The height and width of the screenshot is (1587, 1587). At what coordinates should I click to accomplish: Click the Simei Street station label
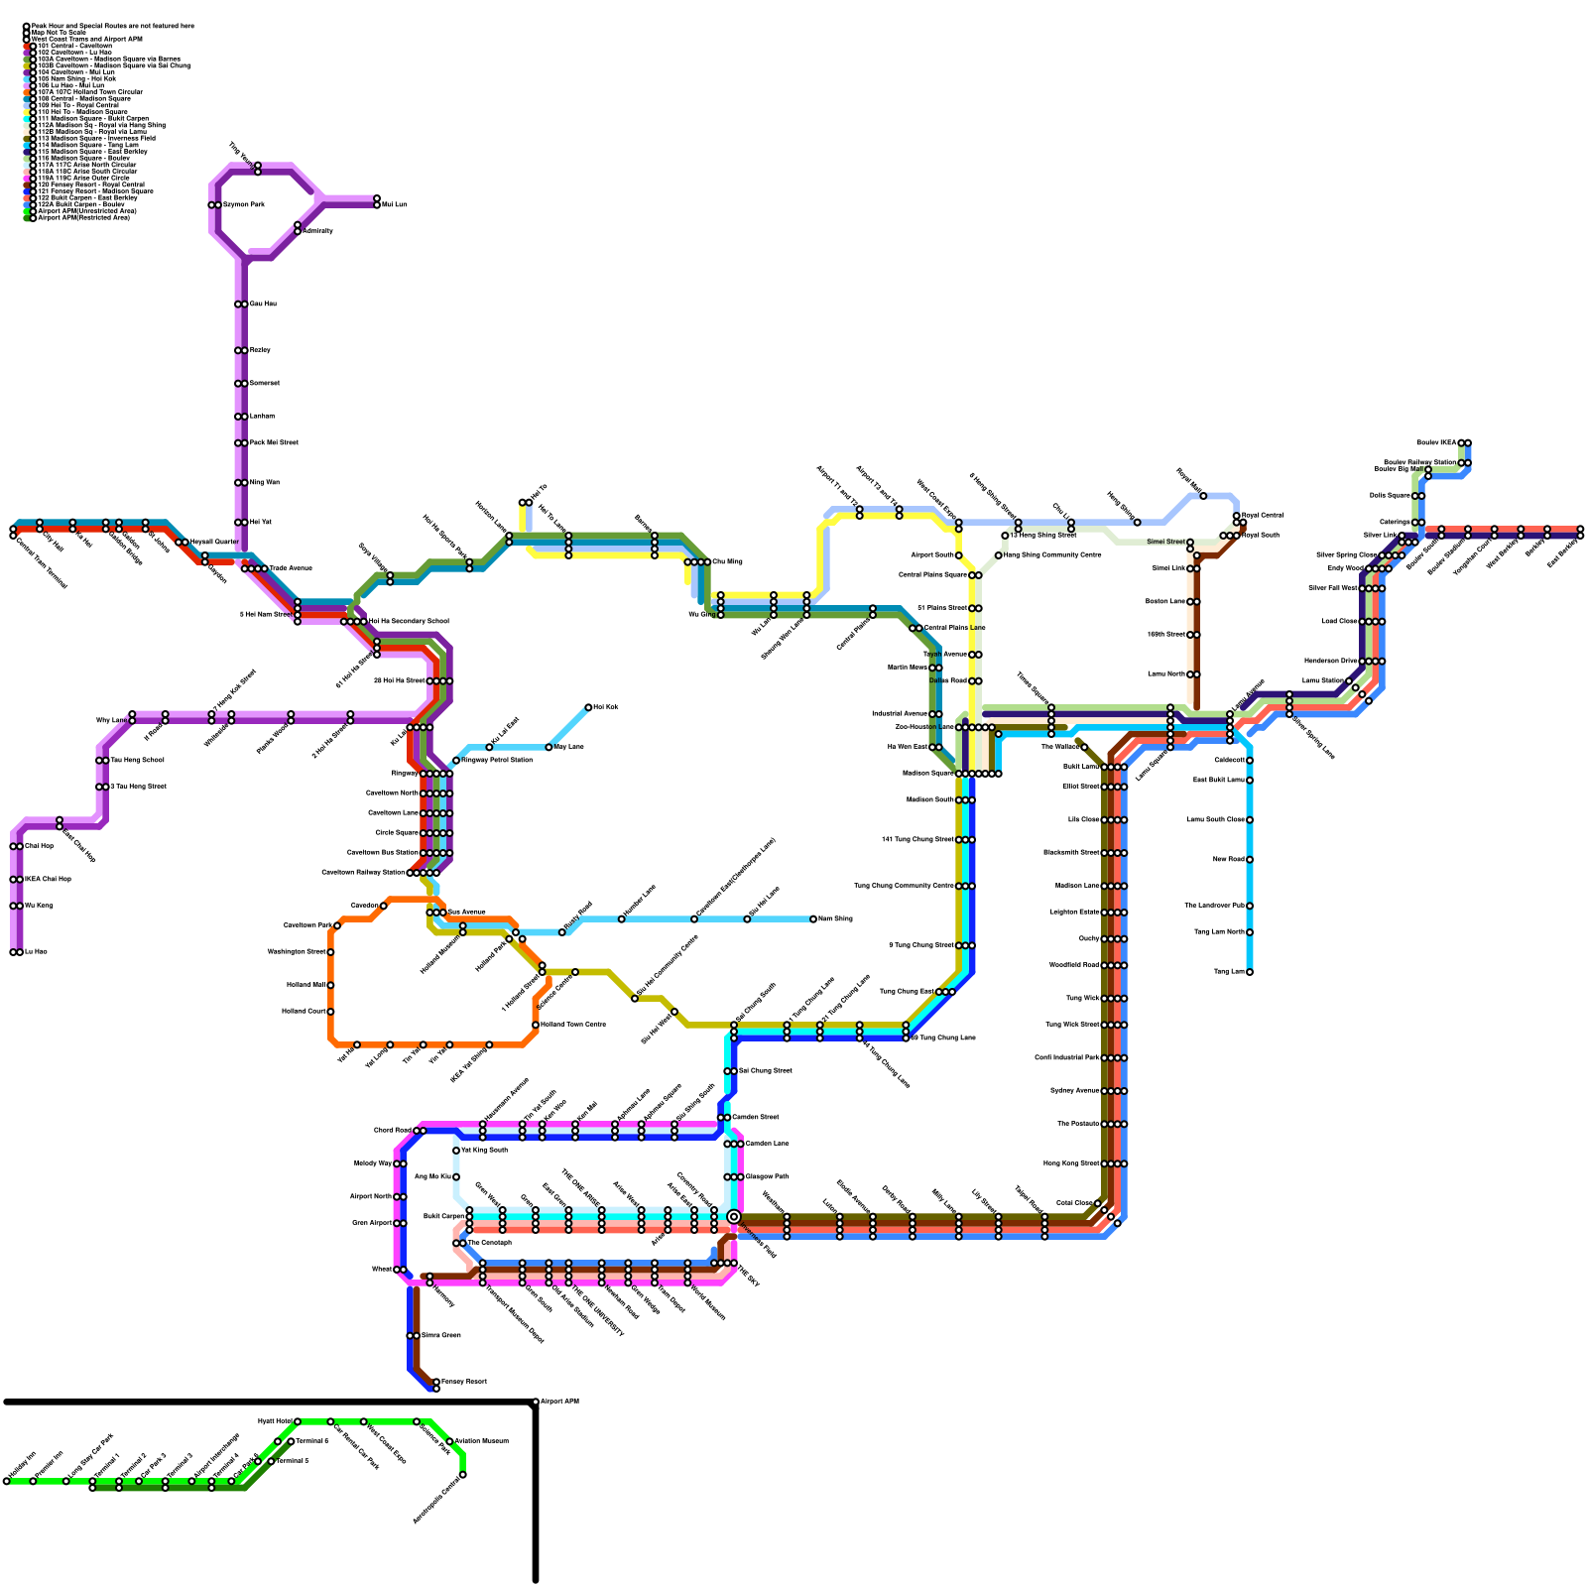pos(1165,542)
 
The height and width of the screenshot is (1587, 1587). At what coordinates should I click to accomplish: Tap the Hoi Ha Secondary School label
pos(409,622)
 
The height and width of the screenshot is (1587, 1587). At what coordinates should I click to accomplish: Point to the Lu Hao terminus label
pos(36,952)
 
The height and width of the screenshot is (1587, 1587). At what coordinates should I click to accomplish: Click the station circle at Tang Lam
pos(1249,972)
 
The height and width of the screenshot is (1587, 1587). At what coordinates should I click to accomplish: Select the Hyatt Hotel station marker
pos(297,1421)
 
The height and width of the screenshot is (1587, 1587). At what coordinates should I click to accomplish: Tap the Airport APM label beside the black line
pos(559,1402)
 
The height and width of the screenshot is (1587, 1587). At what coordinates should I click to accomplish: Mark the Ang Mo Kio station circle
pos(456,1177)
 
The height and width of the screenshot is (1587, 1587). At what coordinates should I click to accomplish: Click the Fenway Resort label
pos(463,1382)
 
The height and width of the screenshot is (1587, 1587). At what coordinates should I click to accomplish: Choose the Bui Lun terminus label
pos(394,204)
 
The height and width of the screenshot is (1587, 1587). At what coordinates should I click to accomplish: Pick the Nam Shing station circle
pos(813,919)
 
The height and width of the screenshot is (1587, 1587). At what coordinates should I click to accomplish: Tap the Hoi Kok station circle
pos(588,707)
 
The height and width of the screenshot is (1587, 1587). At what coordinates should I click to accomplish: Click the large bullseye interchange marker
pos(734,1217)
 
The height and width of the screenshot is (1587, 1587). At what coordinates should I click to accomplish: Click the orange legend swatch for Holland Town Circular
pos(29,92)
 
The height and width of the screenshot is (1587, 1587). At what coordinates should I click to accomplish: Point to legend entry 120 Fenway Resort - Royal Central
pos(90,184)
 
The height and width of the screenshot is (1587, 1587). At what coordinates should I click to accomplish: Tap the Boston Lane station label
pos(1165,602)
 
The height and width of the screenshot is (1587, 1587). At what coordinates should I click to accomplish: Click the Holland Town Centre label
pos(573,1025)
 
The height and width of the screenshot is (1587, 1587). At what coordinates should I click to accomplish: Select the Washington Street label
pos(297,952)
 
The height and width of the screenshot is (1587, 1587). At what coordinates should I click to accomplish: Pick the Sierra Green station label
pos(440,1336)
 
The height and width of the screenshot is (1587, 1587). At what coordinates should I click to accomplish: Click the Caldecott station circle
pos(1249,761)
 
